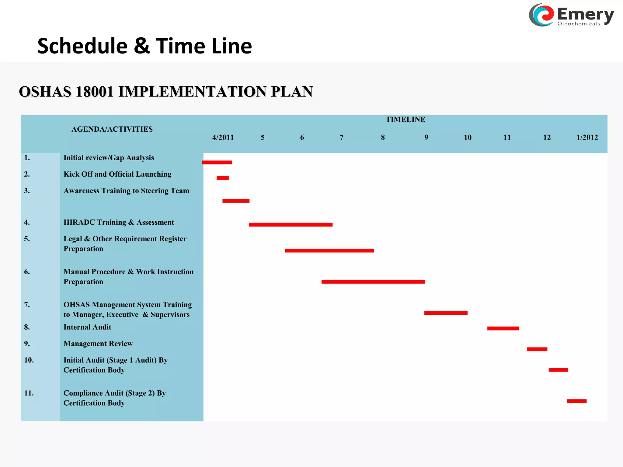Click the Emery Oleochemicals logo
point(571,15)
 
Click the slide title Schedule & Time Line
point(144,46)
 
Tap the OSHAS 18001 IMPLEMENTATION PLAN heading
point(166,92)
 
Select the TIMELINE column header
point(405,119)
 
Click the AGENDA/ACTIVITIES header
point(112,129)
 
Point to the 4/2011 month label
point(223,137)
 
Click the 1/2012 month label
point(587,137)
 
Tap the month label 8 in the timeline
point(383,137)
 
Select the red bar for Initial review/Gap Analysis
point(217,162)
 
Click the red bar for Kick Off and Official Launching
point(223,178)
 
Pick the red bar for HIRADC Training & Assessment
point(291,225)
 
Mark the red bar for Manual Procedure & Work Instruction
point(373,282)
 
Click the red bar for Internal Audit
point(503,328)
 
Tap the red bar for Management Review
point(537,349)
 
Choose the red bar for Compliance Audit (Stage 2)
point(577,401)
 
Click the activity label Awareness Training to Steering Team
point(126,191)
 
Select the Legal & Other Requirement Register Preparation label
point(125,244)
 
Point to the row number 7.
point(27,305)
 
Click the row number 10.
point(29,360)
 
